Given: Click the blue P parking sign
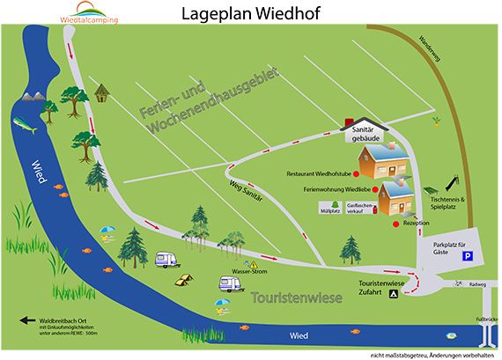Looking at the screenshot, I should tap(468, 256).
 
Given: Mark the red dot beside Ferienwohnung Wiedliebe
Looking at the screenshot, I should tap(374, 188).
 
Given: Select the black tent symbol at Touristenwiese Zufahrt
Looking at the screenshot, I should tap(395, 296).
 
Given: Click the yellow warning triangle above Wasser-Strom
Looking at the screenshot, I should tap(253, 264).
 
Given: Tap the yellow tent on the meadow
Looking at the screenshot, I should tap(185, 279).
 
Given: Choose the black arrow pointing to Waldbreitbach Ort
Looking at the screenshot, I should tap(26, 321).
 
